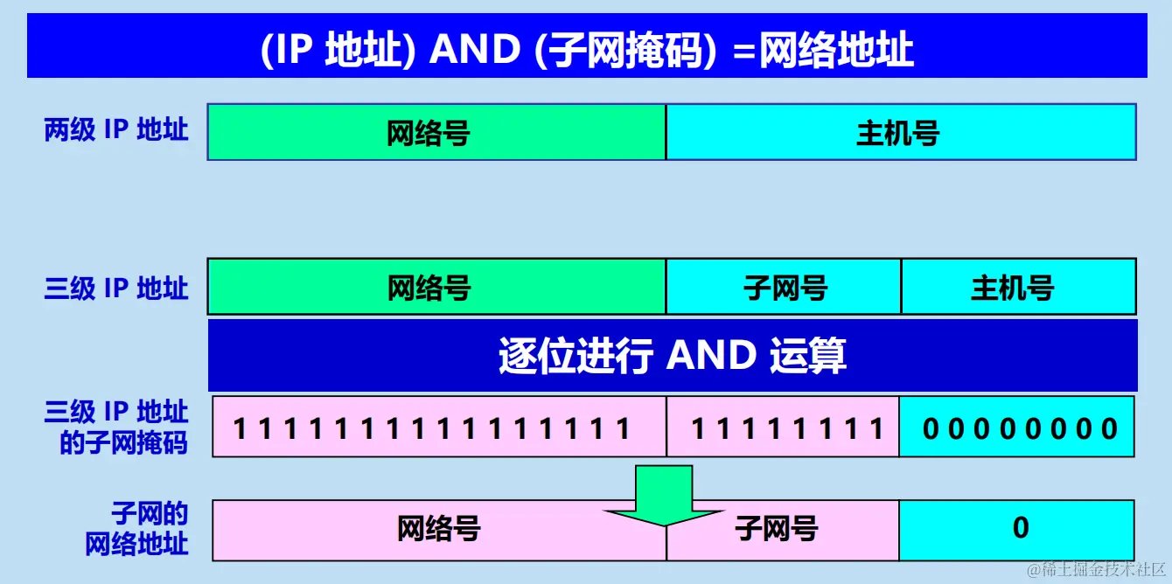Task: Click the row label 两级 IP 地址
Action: pyautogui.click(x=116, y=131)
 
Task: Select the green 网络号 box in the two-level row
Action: pyautogui.click(x=436, y=132)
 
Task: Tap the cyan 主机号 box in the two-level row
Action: pyautogui.click(x=900, y=132)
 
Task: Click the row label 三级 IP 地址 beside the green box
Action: pyautogui.click(x=116, y=288)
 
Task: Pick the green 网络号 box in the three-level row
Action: pyautogui.click(x=436, y=287)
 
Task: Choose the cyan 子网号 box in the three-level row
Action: pyautogui.click(x=784, y=287)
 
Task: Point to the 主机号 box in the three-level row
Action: pyautogui.click(x=1018, y=287)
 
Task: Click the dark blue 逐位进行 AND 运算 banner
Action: pyautogui.click(x=672, y=355)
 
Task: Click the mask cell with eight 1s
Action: pyautogui.click(x=783, y=427)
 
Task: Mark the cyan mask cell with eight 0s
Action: pyautogui.click(x=1017, y=427)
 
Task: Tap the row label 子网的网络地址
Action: pyautogui.click(x=136, y=529)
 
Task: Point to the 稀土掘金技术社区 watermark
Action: pyautogui.click(x=1097, y=570)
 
